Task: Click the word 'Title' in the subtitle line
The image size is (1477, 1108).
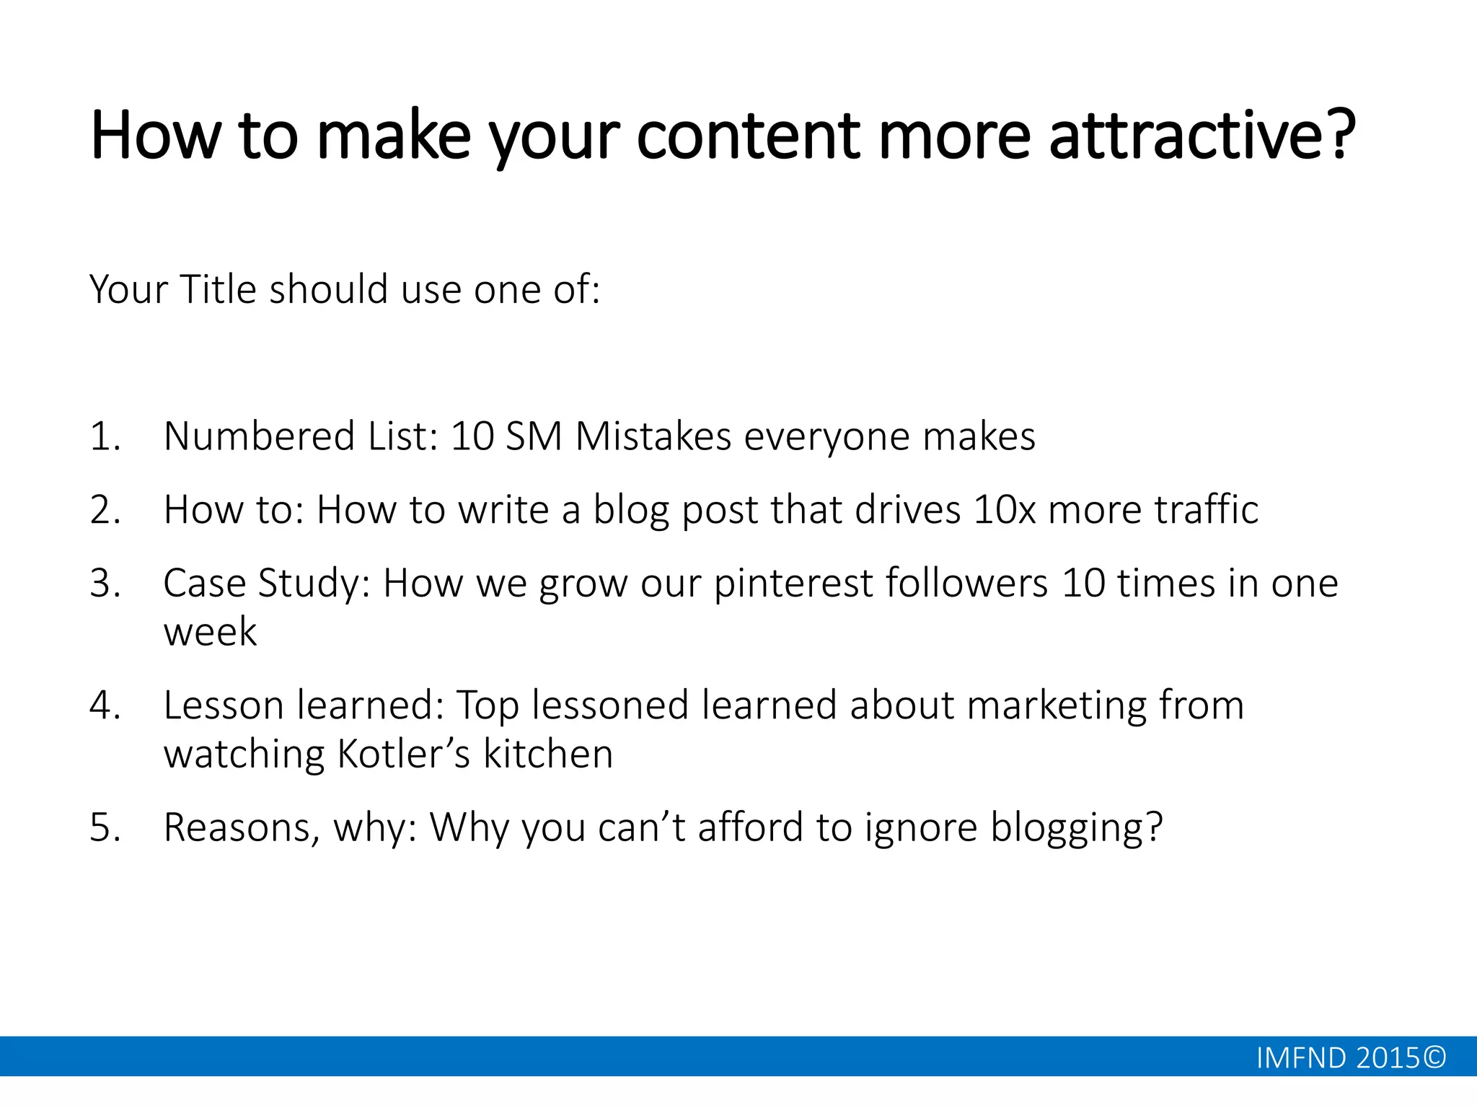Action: click(x=218, y=289)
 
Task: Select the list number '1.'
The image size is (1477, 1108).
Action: click(x=105, y=436)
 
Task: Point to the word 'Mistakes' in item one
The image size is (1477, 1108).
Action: click(x=653, y=436)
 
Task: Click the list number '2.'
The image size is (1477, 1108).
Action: click(x=105, y=510)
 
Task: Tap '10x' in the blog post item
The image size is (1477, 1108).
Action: click(x=1004, y=510)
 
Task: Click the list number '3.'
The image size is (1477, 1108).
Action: click(x=105, y=584)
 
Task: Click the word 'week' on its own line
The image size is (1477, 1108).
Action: click(x=210, y=633)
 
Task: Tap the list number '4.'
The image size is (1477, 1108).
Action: click(x=105, y=705)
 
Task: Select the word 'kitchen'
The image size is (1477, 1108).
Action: click(x=548, y=755)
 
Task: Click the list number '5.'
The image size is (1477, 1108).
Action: click(x=105, y=827)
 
